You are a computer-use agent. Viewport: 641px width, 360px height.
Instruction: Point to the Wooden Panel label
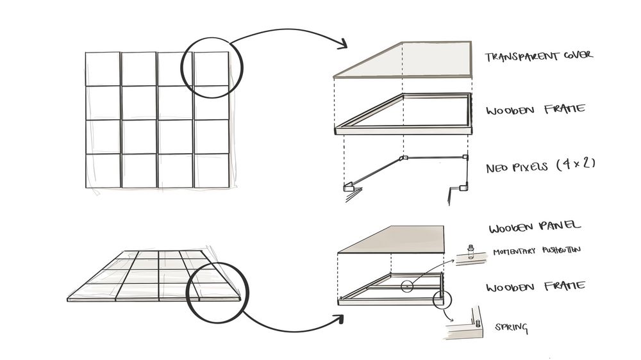[x=535, y=227]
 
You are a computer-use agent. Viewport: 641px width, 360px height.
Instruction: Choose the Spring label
[x=511, y=328]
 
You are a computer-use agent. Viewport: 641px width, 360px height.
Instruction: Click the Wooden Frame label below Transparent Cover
[x=535, y=110]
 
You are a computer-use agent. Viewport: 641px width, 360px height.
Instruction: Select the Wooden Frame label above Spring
[x=535, y=286]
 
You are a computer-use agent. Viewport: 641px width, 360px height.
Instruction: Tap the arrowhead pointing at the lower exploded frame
[x=340, y=315]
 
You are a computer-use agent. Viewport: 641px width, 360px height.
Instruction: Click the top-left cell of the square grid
[x=103, y=69]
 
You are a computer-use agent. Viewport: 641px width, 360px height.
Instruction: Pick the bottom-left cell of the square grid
[x=103, y=171]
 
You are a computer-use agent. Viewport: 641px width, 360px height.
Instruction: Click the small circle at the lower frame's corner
[x=440, y=299]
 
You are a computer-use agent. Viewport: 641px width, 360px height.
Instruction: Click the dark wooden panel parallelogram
[x=397, y=240]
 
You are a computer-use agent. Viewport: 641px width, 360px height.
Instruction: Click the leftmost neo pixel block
[x=349, y=188]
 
